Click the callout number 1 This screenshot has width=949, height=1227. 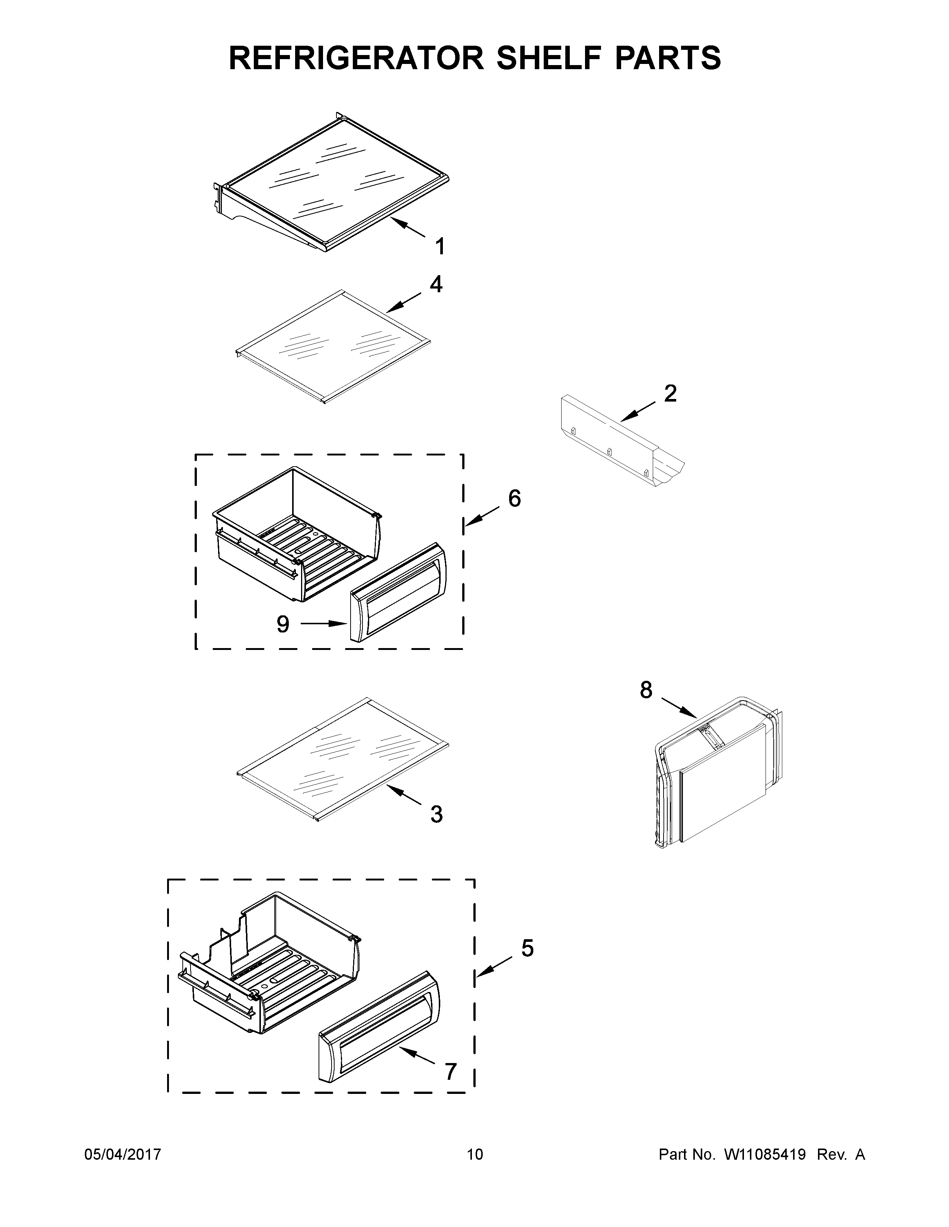(x=440, y=246)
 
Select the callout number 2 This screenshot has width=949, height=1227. (x=670, y=393)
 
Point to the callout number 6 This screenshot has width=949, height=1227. (x=514, y=498)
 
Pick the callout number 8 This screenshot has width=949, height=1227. (x=646, y=690)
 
